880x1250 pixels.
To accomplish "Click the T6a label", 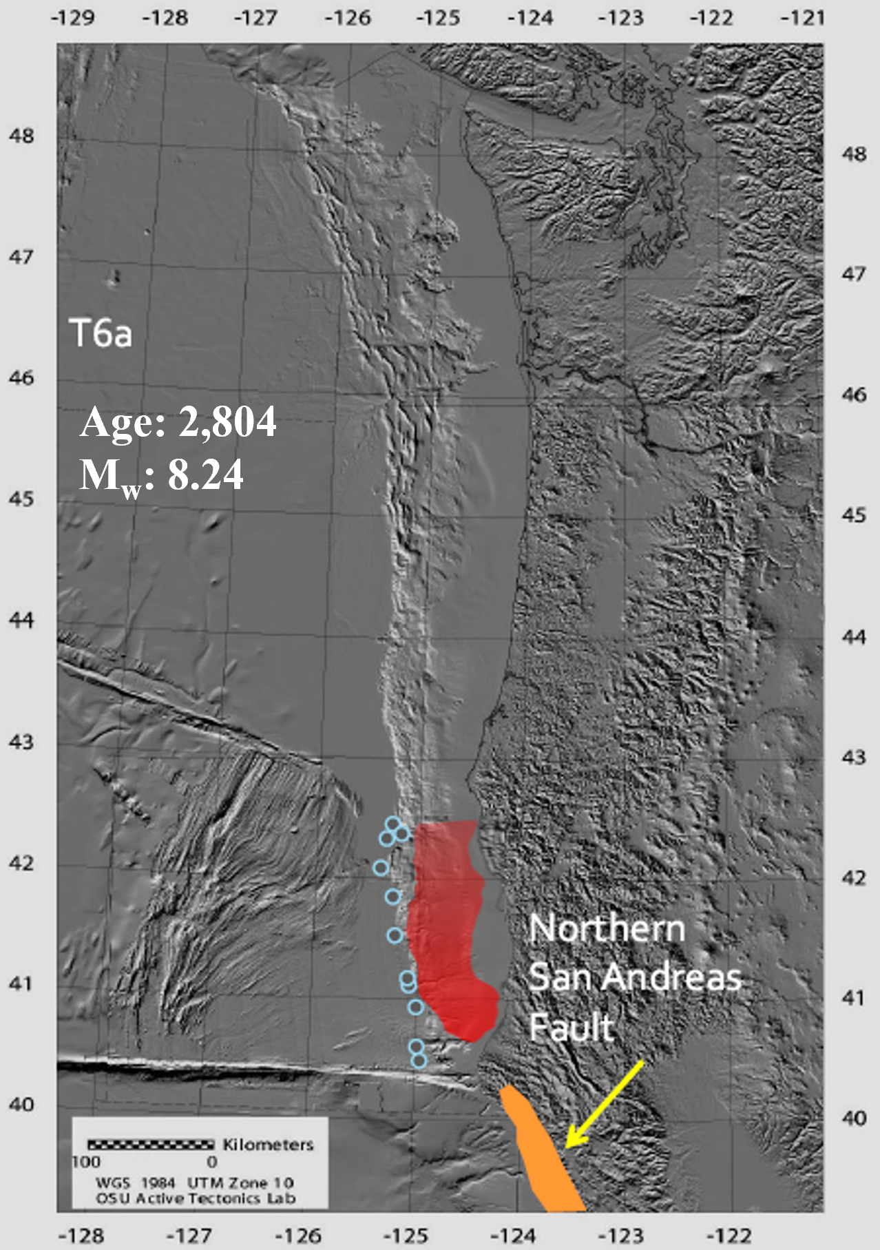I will (101, 333).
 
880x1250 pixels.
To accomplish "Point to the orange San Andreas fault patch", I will (544, 1157).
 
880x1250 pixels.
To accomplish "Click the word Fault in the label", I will (571, 1028).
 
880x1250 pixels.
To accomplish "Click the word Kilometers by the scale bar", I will (268, 1145).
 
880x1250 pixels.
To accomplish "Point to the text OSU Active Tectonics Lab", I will (196, 1199).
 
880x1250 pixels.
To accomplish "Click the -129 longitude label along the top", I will (73, 17).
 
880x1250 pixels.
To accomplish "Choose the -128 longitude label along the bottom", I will (81, 1236).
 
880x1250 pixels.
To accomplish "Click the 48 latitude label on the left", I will (21, 136).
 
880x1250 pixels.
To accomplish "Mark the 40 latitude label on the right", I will (854, 1118).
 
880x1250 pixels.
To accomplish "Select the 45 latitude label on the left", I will (21, 499).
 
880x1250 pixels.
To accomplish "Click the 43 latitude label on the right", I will (854, 757).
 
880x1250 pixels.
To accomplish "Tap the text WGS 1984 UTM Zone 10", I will (195, 1183).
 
